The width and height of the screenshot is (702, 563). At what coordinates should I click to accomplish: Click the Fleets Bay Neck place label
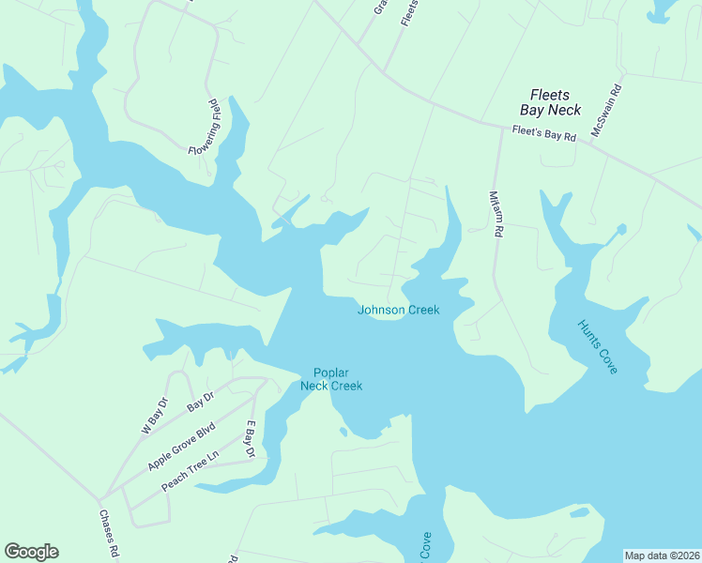point(556,101)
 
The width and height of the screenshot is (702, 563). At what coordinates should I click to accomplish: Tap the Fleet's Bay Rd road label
point(543,134)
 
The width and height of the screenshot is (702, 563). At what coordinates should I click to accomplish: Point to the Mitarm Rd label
point(497,215)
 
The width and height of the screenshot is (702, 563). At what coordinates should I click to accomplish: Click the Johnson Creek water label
point(398,311)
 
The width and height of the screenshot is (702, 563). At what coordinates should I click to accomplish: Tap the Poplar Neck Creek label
point(330,379)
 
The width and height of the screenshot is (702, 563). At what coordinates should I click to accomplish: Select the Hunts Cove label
point(598,346)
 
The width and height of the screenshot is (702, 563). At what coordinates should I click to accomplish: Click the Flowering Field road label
point(204,128)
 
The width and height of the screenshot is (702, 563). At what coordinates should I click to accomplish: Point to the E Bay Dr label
point(251,439)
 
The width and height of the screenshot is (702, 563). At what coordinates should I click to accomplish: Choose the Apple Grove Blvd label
point(181,447)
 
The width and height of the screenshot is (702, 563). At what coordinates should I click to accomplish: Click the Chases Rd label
point(109,533)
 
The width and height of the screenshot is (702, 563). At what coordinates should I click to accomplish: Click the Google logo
point(31,552)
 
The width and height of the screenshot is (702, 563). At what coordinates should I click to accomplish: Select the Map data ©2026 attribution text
point(662,555)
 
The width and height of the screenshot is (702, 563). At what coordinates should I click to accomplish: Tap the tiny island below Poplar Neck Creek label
point(343,432)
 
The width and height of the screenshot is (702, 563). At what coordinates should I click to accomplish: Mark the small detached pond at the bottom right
point(579,512)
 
